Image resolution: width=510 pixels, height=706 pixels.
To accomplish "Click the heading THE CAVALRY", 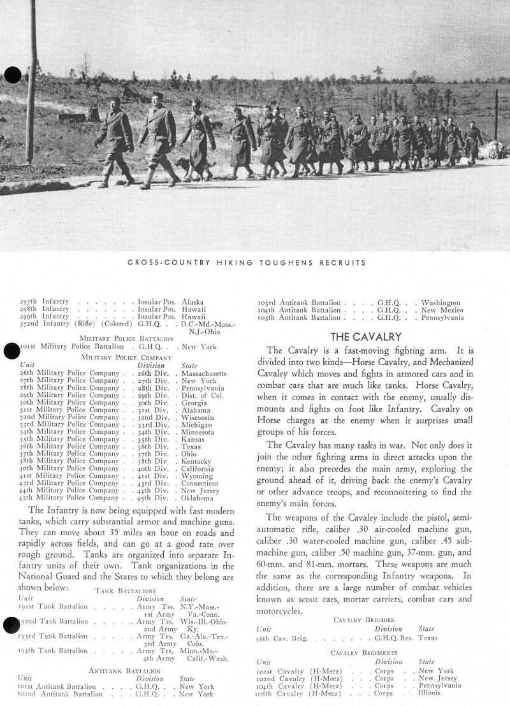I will tap(365, 336).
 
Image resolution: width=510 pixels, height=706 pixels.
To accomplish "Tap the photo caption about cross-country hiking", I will tap(255, 263).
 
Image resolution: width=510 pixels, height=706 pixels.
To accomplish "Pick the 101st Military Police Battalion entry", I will tap(69, 347).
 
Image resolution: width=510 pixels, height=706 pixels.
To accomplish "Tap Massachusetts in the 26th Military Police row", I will tap(205, 373).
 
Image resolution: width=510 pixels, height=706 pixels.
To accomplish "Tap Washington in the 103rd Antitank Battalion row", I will tap(441, 303).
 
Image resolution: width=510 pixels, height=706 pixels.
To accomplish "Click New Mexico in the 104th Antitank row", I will tap(443, 310).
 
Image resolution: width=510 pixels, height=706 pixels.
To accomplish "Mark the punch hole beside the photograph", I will tap(12, 75).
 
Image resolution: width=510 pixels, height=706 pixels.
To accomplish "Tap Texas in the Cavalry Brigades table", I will tap(428, 637).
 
